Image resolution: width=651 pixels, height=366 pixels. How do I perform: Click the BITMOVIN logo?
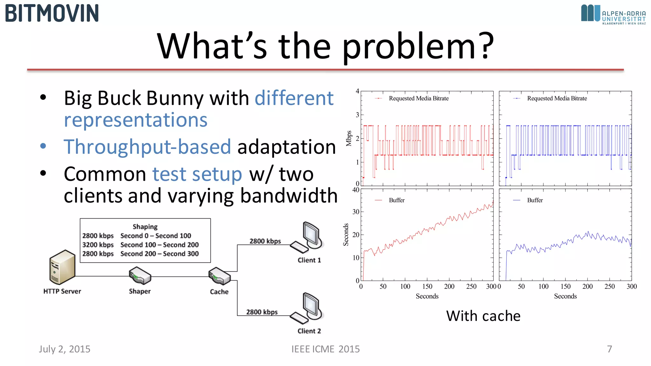(x=52, y=13)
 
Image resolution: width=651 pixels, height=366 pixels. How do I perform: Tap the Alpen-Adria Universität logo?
(x=613, y=14)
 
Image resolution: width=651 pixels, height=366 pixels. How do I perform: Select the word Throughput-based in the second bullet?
(x=147, y=147)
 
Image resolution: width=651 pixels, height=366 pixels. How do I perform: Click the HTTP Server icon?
(x=62, y=267)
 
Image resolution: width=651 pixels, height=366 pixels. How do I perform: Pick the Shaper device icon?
(x=140, y=275)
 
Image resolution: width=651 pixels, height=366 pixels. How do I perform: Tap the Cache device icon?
(x=219, y=276)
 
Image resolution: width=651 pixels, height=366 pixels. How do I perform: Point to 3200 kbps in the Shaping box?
(x=98, y=245)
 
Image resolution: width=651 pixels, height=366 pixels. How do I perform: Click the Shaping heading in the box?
(x=145, y=227)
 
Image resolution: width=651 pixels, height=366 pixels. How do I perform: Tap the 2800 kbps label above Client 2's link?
(x=262, y=312)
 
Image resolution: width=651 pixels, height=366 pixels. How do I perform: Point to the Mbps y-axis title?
(x=349, y=138)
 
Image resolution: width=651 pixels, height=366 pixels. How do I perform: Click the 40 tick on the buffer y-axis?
(x=356, y=190)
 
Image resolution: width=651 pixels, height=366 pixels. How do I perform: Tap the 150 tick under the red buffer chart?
(x=427, y=287)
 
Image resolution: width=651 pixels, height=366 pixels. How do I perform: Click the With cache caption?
(x=483, y=316)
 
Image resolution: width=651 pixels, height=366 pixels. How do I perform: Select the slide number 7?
(x=609, y=349)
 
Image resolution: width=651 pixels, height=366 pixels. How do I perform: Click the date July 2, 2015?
(x=65, y=349)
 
